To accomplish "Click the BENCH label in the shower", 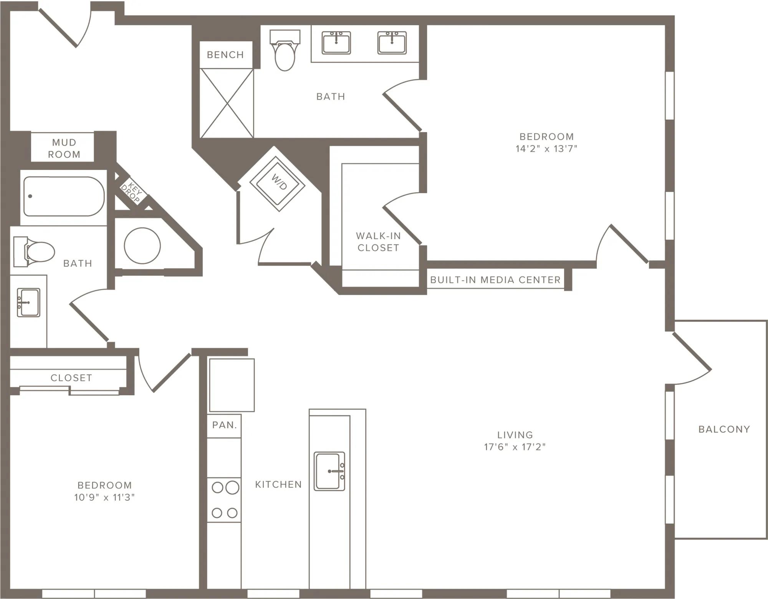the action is (225, 55).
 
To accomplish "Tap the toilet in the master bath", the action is (285, 50).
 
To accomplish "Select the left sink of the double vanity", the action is (336, 43).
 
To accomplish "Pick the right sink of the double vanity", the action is (392, 43).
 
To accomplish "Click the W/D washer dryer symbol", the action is (277, 184).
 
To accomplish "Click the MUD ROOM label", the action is (64, 149).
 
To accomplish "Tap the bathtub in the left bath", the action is (64, 196).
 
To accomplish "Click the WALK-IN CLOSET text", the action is (378, 242).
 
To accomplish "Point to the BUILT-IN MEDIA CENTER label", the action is (495, 280).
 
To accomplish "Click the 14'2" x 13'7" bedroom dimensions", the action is (546, 149).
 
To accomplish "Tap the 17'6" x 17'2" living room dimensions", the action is (515, 447).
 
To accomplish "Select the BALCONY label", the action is (724, 429).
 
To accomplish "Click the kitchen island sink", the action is (329, 471).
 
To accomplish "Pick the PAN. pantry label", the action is (225, 425).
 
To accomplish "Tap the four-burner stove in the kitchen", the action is (224, 500).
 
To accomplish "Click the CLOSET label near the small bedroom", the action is (71, 378).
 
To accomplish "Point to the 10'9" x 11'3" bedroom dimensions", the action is (104, 498).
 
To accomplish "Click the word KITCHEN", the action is (278, 485).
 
